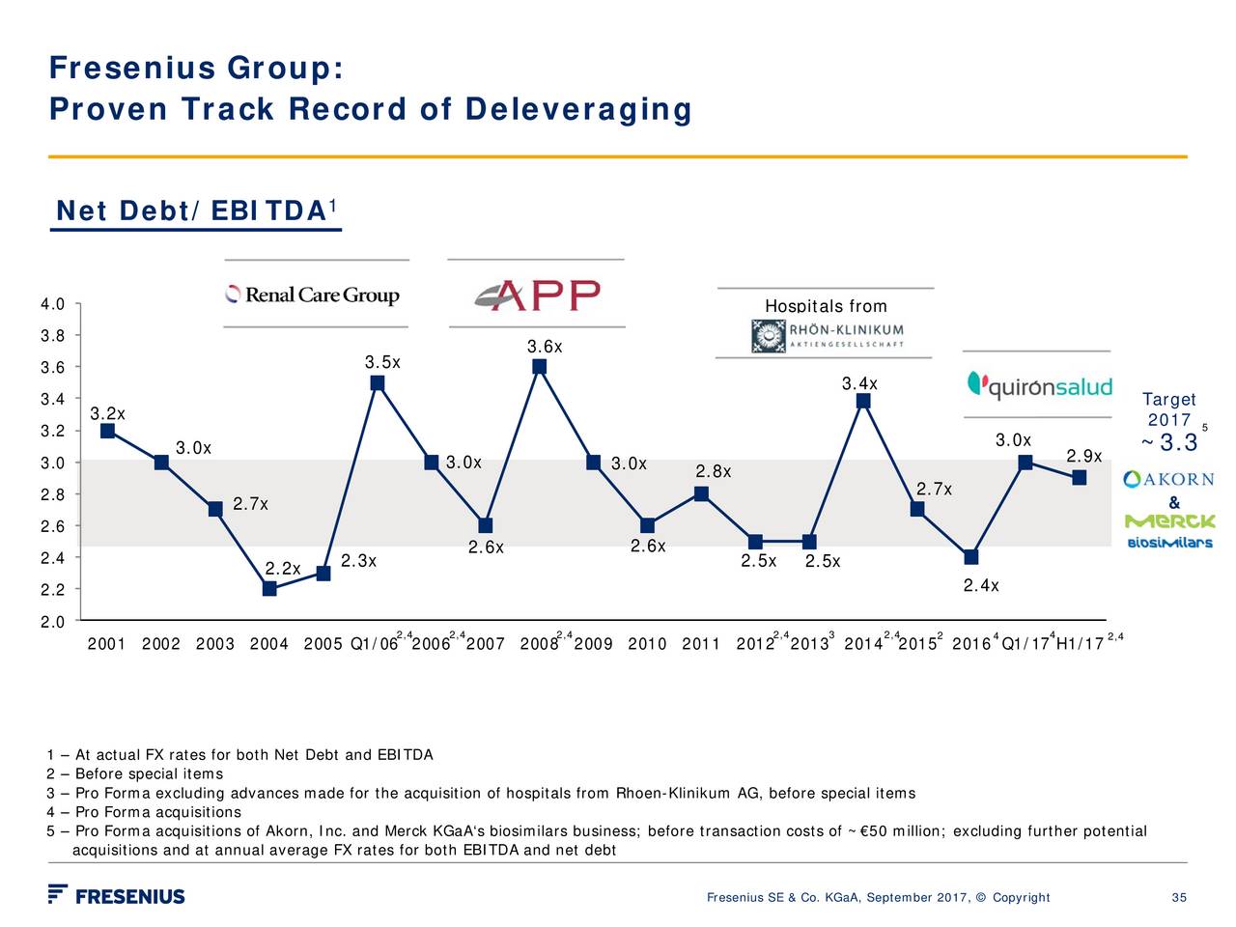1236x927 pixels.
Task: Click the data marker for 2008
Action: click(540, 367)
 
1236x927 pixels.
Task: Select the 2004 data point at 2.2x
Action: click(269, 588)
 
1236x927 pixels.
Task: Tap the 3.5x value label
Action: click(382, 362)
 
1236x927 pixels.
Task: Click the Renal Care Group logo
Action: click(313, 295)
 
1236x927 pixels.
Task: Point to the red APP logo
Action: click(537, 295)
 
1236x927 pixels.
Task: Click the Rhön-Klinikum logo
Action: click(829, 336)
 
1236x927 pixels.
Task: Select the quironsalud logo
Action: click(1039, 386)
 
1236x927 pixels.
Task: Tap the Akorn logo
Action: click(1168, 480)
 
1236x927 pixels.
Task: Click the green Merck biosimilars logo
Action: click(1169, 531)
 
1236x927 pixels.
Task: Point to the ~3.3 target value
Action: click(1170, 443)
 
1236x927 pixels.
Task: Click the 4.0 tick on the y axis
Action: click(52, 305)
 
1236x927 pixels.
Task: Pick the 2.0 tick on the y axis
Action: click(52, 622)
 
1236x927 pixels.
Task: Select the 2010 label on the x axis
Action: click(647, 645)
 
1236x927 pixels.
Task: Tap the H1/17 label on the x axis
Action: click(1080, 645)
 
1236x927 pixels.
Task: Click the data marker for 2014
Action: click(863, 401)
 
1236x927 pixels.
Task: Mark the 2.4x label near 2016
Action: click(981, 585)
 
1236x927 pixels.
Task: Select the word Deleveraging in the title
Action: click(577, 109)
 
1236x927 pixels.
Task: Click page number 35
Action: click(1178, 898)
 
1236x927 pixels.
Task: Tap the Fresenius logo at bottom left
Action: click(117, 895)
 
